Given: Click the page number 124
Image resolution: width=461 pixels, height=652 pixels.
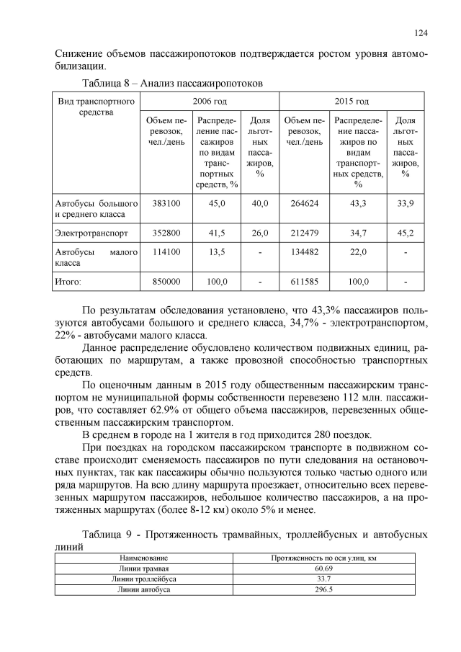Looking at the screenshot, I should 421,32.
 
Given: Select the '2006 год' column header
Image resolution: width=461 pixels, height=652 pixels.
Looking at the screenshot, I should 210,101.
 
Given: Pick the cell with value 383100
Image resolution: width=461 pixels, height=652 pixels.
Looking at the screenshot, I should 166,204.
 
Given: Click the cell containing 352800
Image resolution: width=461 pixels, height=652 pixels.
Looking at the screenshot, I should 166,233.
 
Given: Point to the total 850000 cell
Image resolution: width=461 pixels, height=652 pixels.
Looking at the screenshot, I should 166,282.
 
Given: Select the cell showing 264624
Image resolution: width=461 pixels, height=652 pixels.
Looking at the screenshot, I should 303,204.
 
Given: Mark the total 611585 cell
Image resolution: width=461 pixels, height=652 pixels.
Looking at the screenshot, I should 303,282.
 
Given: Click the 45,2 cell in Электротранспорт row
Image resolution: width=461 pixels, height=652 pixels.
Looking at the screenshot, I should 406,233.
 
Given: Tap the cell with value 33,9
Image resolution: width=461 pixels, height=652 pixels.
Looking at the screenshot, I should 406,204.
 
